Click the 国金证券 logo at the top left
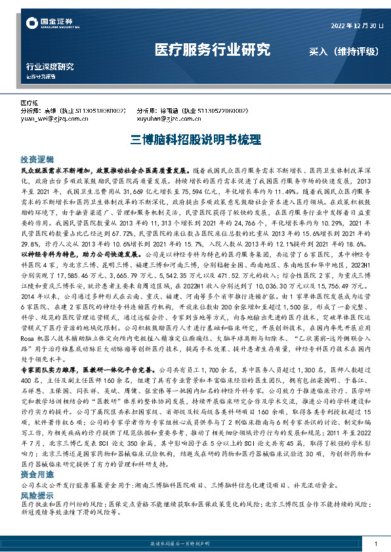coord(45,24)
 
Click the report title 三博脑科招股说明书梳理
coord(195,140)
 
